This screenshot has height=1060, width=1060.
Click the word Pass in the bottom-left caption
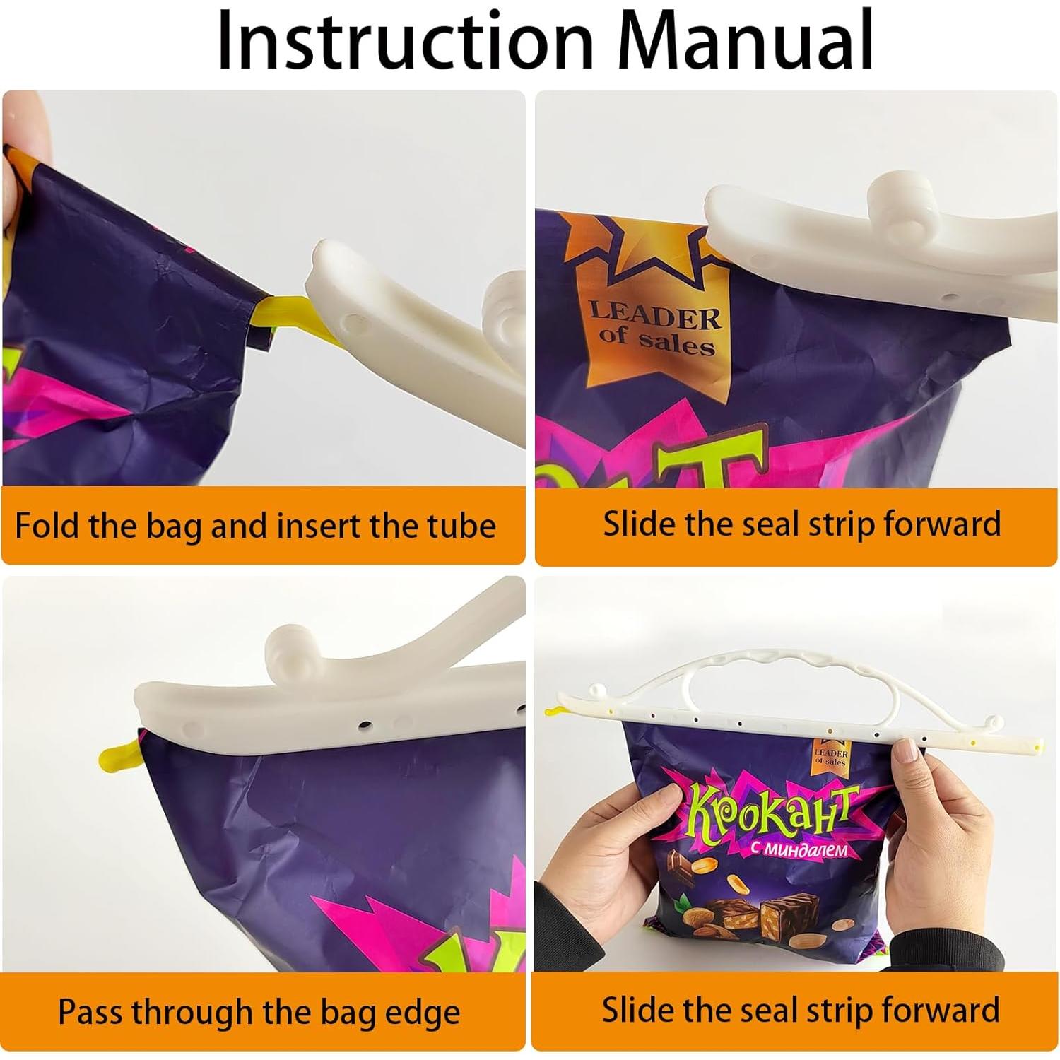point(92,1011)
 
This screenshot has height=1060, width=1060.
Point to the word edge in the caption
point(420,1013)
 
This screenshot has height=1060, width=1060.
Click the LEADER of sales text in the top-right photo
point(654,329)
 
